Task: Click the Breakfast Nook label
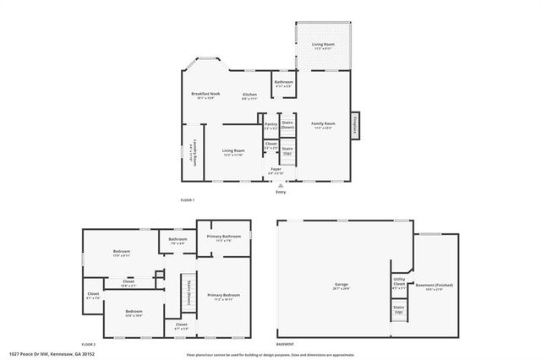[205, 95]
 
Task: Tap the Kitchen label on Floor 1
[249, 95]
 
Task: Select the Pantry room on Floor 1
[270, 126]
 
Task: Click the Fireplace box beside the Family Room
[355, 124]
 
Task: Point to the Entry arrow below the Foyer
[281, 185]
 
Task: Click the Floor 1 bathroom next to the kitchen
[283, 84]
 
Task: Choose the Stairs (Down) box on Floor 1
[287, 123]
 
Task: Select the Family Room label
[323, 125]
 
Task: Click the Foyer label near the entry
[276, 171]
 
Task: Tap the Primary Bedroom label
[222, 297]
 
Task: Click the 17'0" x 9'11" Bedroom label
[123, 253]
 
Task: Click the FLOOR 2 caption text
[89, 345]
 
